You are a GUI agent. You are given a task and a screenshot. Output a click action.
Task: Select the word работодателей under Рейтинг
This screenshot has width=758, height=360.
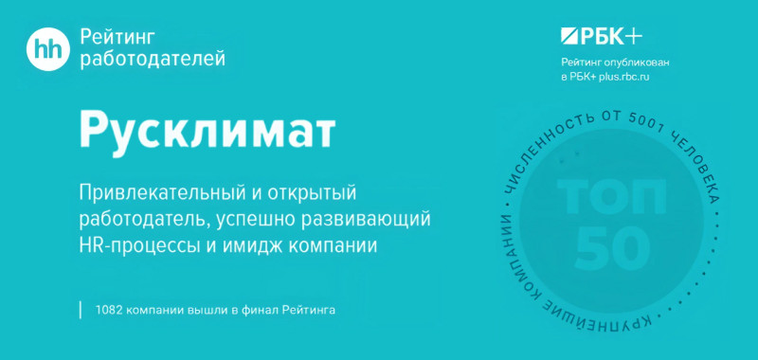153,60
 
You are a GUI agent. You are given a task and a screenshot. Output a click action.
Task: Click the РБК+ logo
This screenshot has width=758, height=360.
601,37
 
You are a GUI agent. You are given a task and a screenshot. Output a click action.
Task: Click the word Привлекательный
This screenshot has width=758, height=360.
161,194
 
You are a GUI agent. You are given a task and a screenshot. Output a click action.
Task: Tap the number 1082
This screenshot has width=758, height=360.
111,310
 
